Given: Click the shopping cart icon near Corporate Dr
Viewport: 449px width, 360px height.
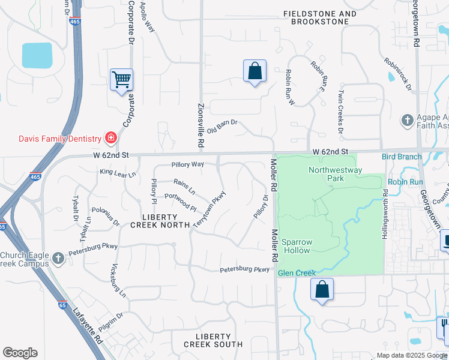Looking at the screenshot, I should pyautogui.click(x=121, y=79).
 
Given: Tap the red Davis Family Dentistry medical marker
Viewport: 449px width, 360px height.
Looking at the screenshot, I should pyautogui.click(x=110, y=139).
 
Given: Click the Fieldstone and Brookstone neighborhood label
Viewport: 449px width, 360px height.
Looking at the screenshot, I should pyautogui.click(x=319, y=17).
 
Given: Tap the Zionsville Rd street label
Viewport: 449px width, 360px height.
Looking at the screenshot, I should pyautogui.click(x=201, y=126).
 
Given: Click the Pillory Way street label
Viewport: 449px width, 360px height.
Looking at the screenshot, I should pyautogui.click(x=187, y=164).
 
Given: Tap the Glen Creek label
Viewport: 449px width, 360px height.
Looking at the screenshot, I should pyautogui.click(x=297, y=274).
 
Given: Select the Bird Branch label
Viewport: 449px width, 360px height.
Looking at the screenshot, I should pyautogui.click(x=402, y=157).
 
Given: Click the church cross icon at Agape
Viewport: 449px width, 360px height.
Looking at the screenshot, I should pyautogui.click(x=407, y=120).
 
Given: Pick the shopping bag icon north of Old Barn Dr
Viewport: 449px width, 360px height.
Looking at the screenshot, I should pyautogui.click(x=255, y=71).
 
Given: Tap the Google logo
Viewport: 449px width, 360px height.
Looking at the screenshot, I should pyautogui.click(x=20, y=353).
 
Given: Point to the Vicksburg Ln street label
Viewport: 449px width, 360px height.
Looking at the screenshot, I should pyautogui.click(x=118, y=281).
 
